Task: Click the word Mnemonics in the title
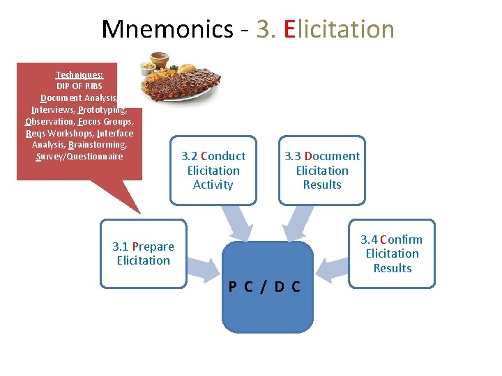pos(167,29)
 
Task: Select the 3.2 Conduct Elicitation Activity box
pos(213,171)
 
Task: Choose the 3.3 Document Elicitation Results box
pos(322,171)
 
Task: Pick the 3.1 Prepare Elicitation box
pos(143,253)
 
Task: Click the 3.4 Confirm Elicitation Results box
pos(393,253)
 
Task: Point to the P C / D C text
pos(265,287)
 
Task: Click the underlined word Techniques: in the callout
pos(79,75)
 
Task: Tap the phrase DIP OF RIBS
pos(79,86)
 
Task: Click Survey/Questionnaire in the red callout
pos(79,157)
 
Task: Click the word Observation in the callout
pos(49,122)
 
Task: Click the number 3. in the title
pos(266,29)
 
